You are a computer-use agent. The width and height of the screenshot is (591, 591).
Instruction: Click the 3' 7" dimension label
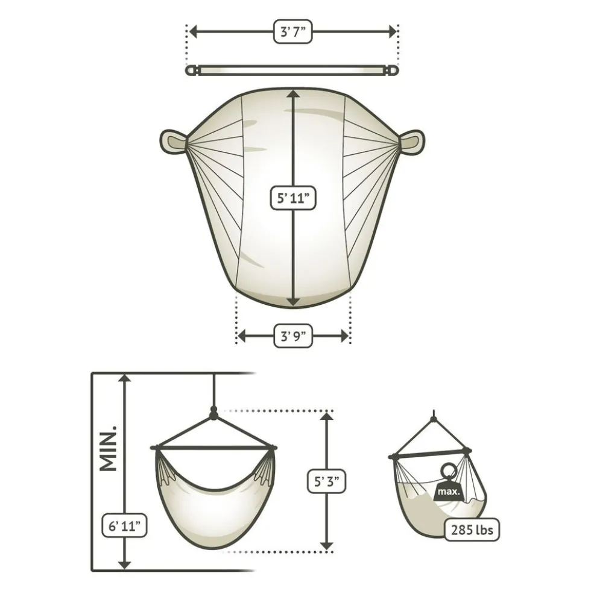pyautogui.click(x=293, y=32)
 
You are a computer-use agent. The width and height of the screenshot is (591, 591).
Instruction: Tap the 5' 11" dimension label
pyautogui.click(x=293, y=198)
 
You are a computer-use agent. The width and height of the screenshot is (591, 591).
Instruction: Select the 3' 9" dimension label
pyautogui.click(x=293, y=336)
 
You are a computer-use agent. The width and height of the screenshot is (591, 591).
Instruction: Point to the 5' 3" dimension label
pyautogui.click(x=327, y=481)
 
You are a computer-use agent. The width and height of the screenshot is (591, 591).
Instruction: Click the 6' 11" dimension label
pyautogui.click(x=124, y=525)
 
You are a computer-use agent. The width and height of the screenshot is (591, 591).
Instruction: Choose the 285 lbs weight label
pyautogui.click(x=472, y=530)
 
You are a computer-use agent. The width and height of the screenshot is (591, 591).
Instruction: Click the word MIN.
pyautogui.click(x=109, y=449)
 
